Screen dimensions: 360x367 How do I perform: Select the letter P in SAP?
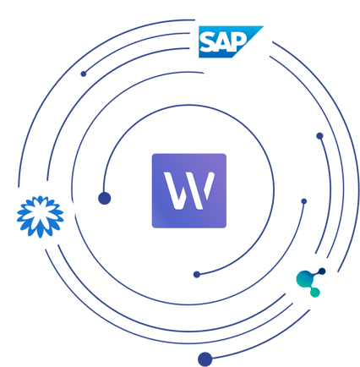239,41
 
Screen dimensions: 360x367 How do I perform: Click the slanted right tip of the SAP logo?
263,26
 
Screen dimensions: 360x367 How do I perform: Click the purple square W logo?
189,190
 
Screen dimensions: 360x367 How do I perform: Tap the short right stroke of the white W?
210,185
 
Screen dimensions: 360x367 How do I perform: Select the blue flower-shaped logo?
41,216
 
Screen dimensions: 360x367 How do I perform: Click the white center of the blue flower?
41,216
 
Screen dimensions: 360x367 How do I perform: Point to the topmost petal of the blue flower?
41,200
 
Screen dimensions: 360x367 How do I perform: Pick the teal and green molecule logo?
311,282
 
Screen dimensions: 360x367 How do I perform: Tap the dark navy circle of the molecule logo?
322,271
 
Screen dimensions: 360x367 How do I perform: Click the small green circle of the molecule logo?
315,293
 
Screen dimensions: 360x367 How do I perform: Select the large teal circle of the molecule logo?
304,279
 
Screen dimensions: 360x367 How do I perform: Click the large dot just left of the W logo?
104,198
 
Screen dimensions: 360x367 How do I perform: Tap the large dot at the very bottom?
205,359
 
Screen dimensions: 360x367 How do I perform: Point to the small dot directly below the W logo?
197,274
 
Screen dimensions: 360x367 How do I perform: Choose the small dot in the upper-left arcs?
84,74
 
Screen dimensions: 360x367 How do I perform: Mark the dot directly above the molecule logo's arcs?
319,136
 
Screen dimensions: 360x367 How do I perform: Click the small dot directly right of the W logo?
304,201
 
